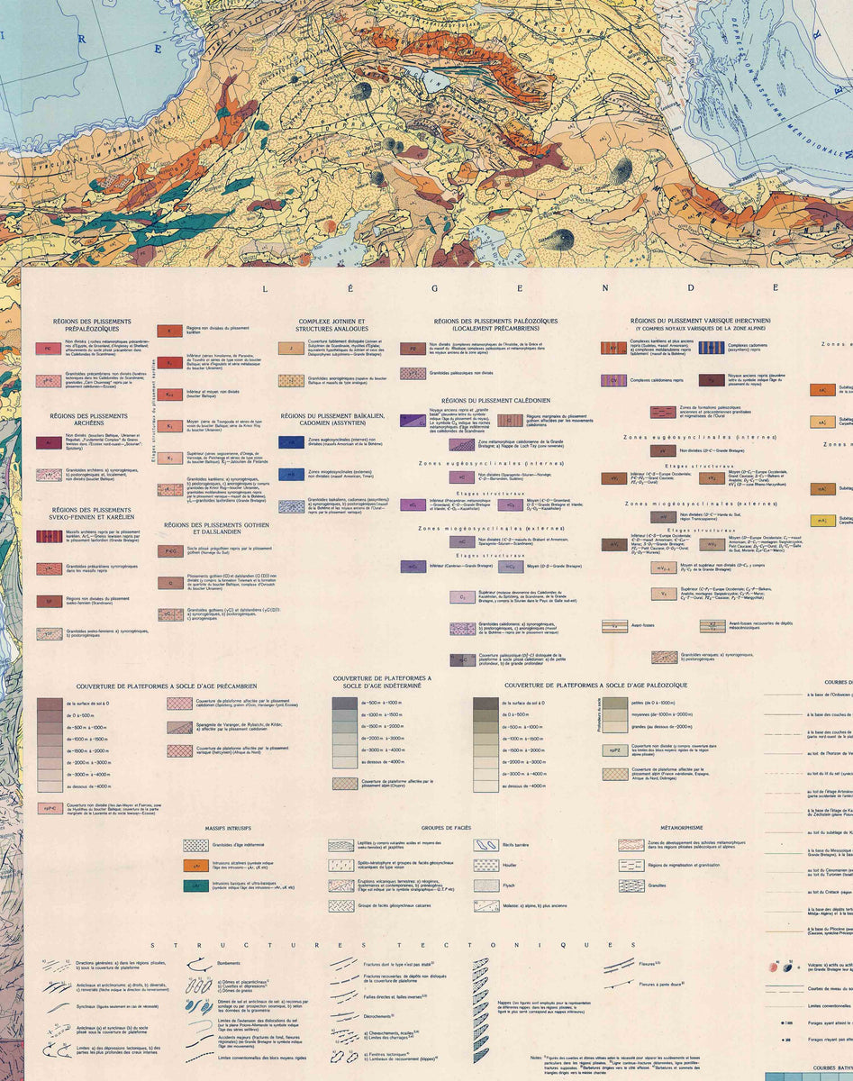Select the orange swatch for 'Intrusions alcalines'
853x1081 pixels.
click(195, 867)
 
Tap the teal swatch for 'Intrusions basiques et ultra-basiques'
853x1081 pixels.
click(195, 886)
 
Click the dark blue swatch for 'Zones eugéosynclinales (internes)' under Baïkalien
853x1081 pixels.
click(291, 441)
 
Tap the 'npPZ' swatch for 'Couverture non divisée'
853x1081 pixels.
click(615, 749)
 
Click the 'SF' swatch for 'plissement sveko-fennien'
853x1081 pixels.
click(48, 601)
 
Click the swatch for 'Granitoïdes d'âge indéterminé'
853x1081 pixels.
click(195, 846)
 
